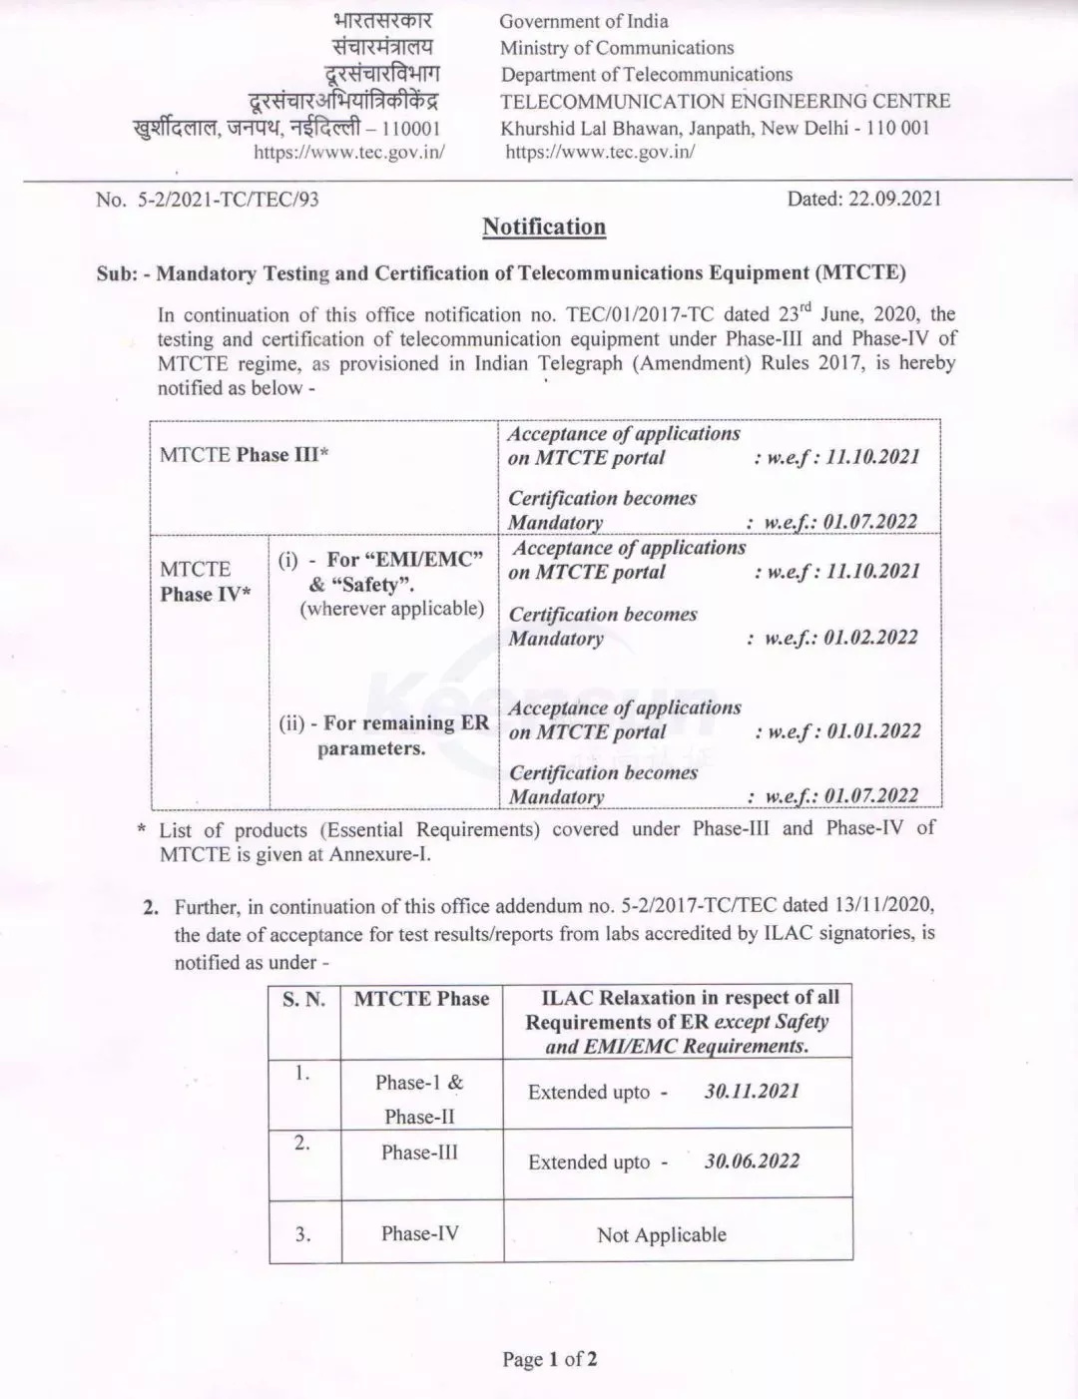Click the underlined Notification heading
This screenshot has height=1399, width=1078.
coord(544,228)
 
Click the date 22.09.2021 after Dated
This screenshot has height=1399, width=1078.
coord(894,199)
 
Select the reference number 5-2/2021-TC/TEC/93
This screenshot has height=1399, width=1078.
coord(227,200)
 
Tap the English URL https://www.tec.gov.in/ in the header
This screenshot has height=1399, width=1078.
coord(600,152)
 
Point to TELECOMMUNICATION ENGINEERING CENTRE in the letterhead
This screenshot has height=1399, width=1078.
coord(725,101)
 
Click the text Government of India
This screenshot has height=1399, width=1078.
coord(584,21)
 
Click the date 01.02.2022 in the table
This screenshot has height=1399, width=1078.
coord(870,638)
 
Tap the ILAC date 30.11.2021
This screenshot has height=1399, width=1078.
coord(752,1092)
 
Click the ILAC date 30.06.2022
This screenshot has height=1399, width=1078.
coord(752,1162)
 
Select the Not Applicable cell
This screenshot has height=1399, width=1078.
coord(662,1235)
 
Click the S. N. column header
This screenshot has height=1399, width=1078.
coord(303,1000)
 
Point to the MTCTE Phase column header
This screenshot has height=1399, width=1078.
coord(421,1000)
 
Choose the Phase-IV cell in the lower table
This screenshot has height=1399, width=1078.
coord(420,1233)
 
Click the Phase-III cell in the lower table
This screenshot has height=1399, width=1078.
coord(419,1153)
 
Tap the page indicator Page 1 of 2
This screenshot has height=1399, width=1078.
coord(550,1359)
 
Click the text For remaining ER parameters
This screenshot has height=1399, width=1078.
coord(384,735)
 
